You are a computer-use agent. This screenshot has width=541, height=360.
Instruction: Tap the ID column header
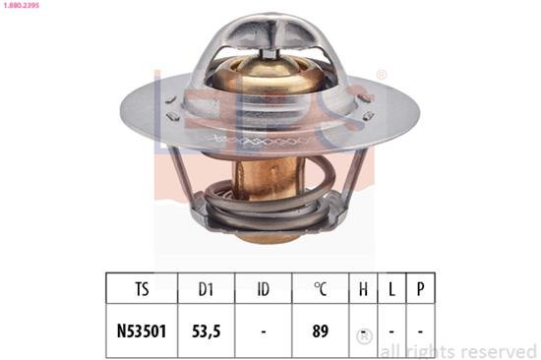(x=262, y=289)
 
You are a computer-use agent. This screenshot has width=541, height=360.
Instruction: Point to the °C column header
(x=319, y=289)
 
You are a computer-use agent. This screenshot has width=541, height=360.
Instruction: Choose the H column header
(x=363, y=289)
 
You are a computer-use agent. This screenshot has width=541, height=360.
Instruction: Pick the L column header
(x=392, y=289)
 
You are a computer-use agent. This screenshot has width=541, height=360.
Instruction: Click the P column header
(x=421, y=289)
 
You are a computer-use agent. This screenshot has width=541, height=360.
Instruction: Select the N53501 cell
(x=142, y=331)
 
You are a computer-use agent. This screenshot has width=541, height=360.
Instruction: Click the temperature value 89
(x=319, y=331)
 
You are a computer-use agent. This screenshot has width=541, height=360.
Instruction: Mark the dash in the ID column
(x=262, y=331)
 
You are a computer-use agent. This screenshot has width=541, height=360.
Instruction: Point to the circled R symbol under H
(x=363, y=334)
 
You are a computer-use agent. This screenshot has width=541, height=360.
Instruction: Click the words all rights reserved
(x=457, y=350)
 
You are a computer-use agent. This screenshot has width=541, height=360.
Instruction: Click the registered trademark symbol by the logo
(x=382, y=75)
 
